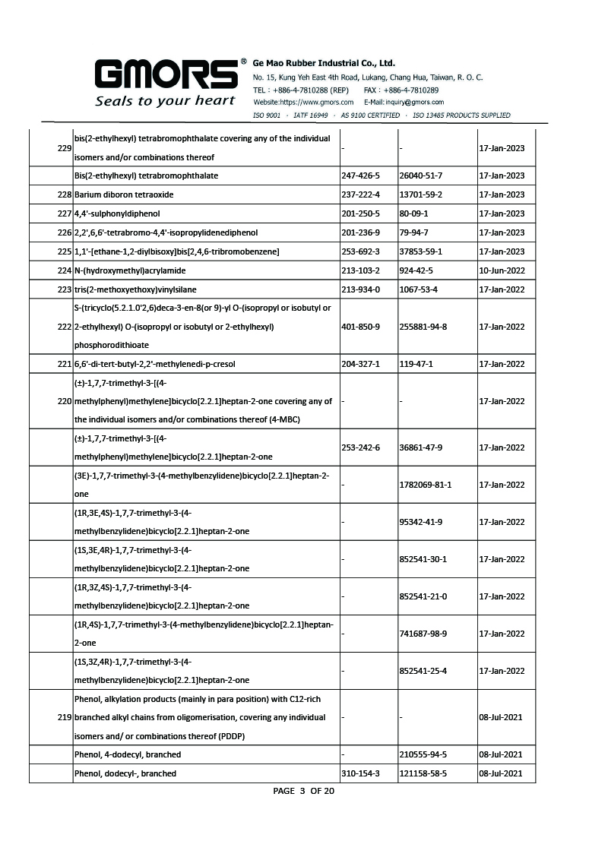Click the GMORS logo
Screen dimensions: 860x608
click(x=166, y=74)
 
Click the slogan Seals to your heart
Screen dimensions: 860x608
click(x=165, y=100)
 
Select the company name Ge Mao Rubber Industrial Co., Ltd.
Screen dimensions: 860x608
click(x=324, y=63)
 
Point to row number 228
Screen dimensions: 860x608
click(x=64, y=195)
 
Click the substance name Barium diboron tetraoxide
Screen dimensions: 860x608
click(x=125, y=195)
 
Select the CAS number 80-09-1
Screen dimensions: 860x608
click(x=414, y=213)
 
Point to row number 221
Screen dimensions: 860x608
click(x=64, y=364)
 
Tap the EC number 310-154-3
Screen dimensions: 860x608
click(x=361, y=773)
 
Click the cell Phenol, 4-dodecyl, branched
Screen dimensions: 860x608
click(x=128, y=754)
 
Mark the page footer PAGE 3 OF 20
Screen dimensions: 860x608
click(x=303, y=791)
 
